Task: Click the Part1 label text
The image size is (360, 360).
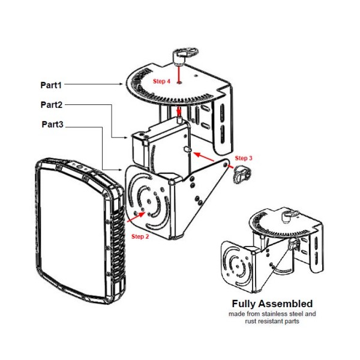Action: [x=52, y=85]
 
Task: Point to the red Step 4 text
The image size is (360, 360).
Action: [x=161, y=80]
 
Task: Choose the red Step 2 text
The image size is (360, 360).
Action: [x=140, y=236]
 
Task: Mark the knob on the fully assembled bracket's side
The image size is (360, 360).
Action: [x=294, y=242]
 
